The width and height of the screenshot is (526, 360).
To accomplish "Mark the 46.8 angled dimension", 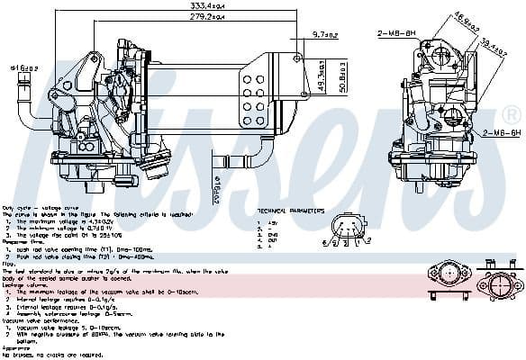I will pos(466,21).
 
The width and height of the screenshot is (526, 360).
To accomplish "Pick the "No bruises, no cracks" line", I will pos(40,353).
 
